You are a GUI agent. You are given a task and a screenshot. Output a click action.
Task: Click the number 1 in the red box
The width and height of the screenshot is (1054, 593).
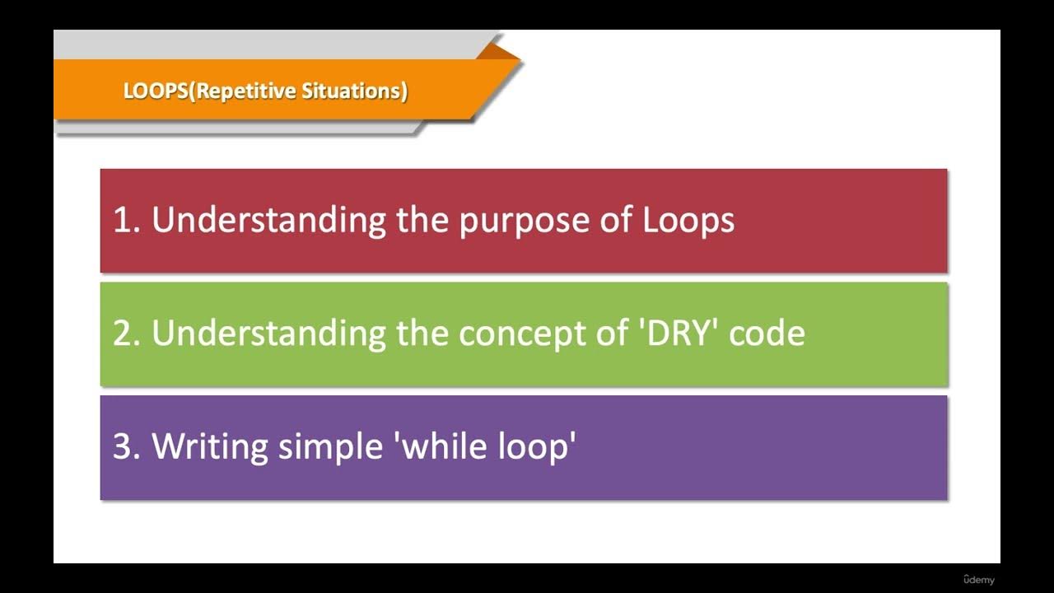pyautogui.click(x=123, y=221)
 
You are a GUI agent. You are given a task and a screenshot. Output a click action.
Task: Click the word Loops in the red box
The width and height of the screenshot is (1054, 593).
pyautogui.click(x=688, y=221)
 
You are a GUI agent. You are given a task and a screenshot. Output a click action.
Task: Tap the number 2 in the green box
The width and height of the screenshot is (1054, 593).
pyautogui.click(x=124, y=334)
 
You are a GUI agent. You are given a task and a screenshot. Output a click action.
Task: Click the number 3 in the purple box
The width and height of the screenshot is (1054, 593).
pyautogui.click(x=124, y=446)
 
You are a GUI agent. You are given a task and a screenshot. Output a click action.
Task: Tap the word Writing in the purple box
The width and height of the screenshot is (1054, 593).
pyautogui.click(x=210, y=446)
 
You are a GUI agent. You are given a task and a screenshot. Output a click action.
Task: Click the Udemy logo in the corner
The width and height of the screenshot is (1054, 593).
pyautogui.click(x=978, y=580)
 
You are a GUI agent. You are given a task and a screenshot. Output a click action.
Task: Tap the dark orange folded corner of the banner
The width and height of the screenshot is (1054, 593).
pyautogui.click(x=497, y=51)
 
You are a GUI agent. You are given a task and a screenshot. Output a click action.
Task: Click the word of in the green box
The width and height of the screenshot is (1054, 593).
pyautogui.click(x=609, y=334)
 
